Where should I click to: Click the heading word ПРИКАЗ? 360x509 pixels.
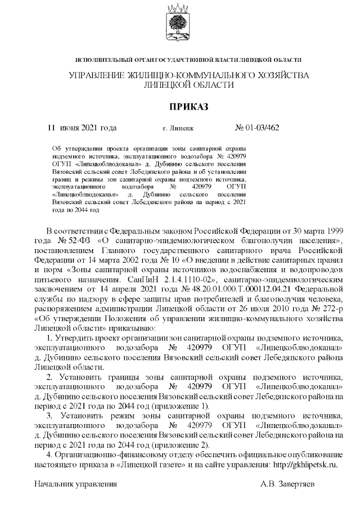180,106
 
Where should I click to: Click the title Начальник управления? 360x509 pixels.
76,484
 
